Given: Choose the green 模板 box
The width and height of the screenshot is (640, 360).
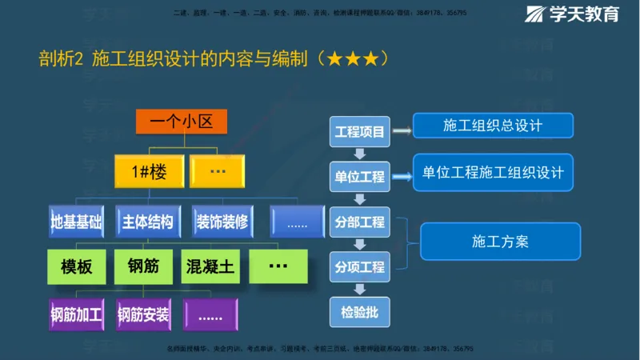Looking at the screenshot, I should [77, 266].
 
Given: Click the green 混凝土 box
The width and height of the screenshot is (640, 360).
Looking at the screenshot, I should [210, 266].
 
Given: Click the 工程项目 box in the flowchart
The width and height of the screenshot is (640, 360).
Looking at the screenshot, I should [359, 131].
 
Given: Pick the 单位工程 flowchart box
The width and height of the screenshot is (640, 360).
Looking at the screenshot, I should [359, 176].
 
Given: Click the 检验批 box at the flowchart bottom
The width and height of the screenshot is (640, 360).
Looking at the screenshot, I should [359, 311].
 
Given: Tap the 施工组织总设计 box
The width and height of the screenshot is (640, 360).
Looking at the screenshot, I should [493, 126].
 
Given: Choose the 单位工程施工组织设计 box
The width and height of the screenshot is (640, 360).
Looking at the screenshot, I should [493, 173].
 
